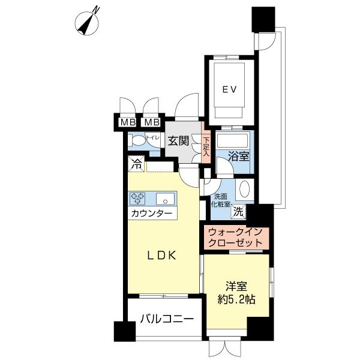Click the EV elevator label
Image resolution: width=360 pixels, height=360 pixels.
coord(229,89)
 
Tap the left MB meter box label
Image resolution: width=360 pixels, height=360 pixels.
coord(128,122)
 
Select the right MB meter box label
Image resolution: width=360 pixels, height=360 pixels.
coord(152,122)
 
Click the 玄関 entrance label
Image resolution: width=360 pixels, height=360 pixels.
coord(178,141)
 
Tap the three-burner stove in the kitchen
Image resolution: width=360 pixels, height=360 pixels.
coord(137,199)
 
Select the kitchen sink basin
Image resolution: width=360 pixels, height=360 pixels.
coord(166,199)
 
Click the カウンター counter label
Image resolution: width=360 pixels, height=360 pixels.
coord(152,213)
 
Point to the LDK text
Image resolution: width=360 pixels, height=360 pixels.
coord(162,256)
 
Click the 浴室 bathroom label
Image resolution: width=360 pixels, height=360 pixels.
coord(239,157)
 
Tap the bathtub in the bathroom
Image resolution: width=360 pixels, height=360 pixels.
coord(233,140)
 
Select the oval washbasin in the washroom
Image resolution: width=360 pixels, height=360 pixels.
coord(245,188)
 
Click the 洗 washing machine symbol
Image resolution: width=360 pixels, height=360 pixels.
coord(238,212)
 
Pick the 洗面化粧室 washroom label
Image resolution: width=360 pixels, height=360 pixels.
coord(220,200)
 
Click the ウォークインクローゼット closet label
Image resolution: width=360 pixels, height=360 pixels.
coord(235,238)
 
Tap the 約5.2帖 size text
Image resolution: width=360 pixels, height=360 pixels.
coord(236,299)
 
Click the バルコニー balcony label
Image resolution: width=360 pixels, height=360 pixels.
coord(167,319)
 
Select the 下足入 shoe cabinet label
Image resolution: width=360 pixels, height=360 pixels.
coord(206,146)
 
